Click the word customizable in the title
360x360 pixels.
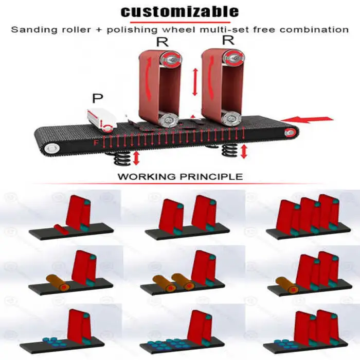coord(179,11)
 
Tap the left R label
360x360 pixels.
coord(162,42)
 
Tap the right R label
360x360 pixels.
coord(227,41)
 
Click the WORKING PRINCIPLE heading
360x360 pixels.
coord(180,176)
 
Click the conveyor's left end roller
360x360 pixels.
coord(51,149)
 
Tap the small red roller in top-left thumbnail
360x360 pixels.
coord(60,228)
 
